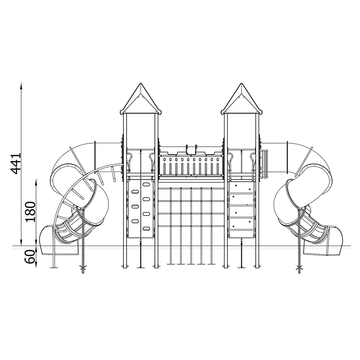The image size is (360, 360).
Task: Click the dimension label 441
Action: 16,163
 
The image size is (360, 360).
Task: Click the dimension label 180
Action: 31,212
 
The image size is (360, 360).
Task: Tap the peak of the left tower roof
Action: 140,84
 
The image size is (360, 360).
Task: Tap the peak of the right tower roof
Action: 241,84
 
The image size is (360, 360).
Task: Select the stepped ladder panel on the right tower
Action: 242,210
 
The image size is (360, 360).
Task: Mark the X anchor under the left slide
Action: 83,267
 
